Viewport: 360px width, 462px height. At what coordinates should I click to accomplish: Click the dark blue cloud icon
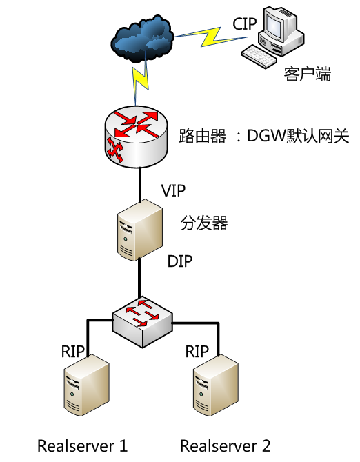(142, 39)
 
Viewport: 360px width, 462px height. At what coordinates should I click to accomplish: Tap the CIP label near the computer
(245, 23)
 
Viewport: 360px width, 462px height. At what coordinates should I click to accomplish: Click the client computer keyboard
(259, 57)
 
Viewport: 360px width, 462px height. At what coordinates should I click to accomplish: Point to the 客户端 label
(308, 74)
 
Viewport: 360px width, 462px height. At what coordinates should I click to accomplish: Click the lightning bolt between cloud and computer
(210, 37)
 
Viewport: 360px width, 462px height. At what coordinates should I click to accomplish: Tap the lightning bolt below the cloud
(139, 79)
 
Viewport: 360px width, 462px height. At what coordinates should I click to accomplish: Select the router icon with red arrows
(136, 137)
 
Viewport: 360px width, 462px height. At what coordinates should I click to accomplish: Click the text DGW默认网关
(298, 136)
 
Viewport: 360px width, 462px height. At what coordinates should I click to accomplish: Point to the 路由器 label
(202, 136)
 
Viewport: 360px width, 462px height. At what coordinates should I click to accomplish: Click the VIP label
(173, 190)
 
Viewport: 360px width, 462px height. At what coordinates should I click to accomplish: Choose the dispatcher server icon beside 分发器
(139, 230)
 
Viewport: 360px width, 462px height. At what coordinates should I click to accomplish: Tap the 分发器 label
(204, 223)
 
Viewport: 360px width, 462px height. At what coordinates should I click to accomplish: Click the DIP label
(180, 261)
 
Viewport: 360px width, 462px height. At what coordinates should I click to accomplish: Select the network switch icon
(142, 322)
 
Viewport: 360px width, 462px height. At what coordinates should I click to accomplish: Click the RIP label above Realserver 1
(73, 351)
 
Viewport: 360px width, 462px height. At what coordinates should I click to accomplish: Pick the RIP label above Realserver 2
(197, 351)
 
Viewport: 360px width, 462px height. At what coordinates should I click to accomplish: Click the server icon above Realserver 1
(87, 385)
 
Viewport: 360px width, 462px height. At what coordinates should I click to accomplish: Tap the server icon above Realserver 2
(216, 385)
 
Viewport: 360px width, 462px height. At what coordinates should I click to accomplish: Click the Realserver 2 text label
(225, 445)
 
